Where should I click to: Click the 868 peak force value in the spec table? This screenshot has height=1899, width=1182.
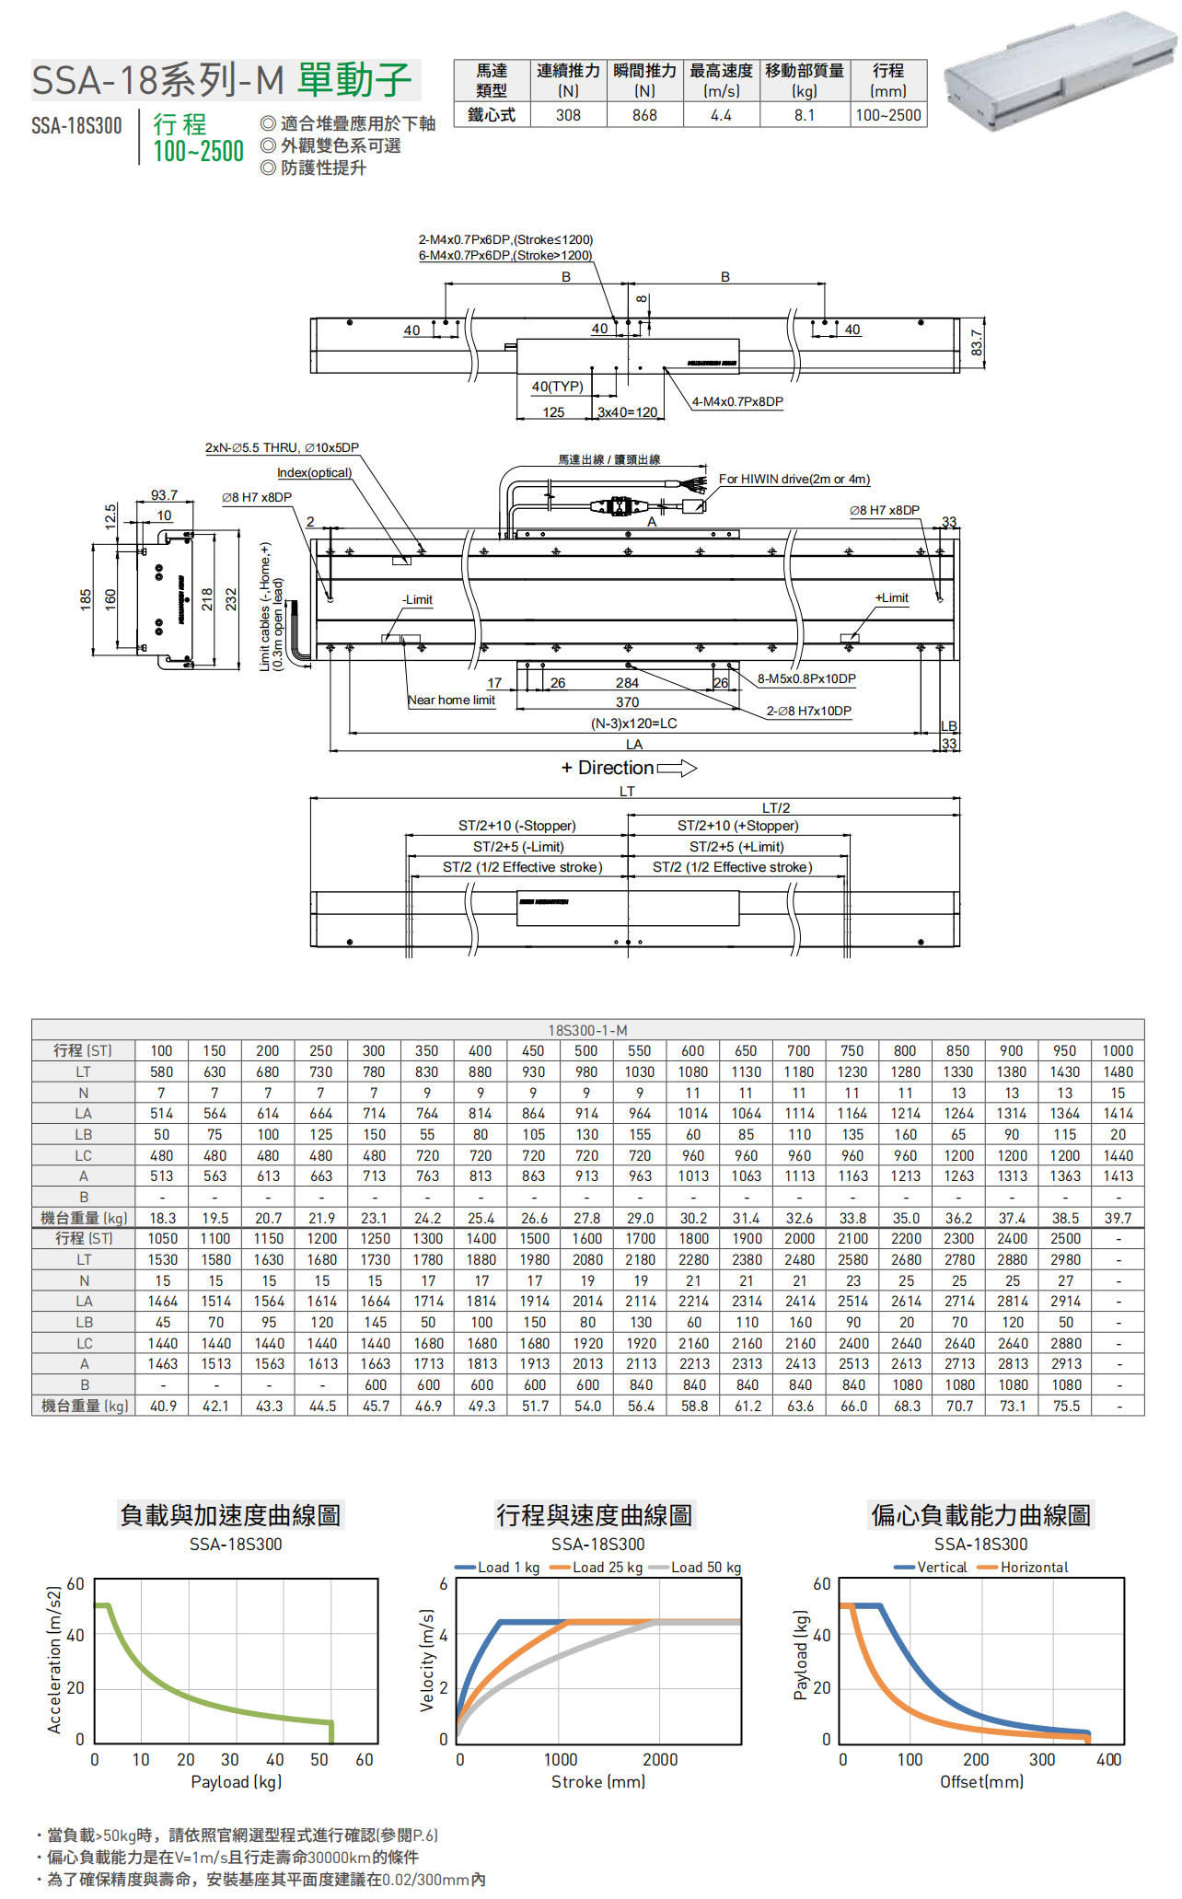tap(644, 115)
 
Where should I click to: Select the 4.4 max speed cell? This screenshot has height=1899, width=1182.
tap(721, 115)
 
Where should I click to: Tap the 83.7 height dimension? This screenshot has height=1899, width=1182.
tap(977, 343)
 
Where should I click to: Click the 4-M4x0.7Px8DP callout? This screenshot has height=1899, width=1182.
tap(737, 402)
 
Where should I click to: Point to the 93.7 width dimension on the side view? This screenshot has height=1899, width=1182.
tap(164, 495)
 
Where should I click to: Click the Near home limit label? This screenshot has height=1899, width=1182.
tap(451, 701)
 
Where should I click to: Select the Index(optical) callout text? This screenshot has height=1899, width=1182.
tap(315, 473)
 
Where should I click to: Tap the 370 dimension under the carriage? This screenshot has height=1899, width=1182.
tap(627, 702)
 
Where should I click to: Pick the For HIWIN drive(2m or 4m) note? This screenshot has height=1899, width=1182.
tap(794, 480)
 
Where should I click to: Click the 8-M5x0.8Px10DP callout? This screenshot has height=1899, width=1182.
tap(806, 679)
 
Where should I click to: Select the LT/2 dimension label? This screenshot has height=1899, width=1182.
tap(776, 808)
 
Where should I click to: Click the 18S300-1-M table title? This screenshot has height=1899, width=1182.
tap(587, 1030)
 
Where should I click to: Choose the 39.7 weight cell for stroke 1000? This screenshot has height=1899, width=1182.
tap(1118, 1218)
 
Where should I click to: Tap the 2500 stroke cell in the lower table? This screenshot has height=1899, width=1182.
tap(1065, 1239)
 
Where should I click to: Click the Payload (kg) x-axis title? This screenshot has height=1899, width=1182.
tap(236, 1782)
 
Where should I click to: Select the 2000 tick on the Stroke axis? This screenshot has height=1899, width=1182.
tap(660, 1760)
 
